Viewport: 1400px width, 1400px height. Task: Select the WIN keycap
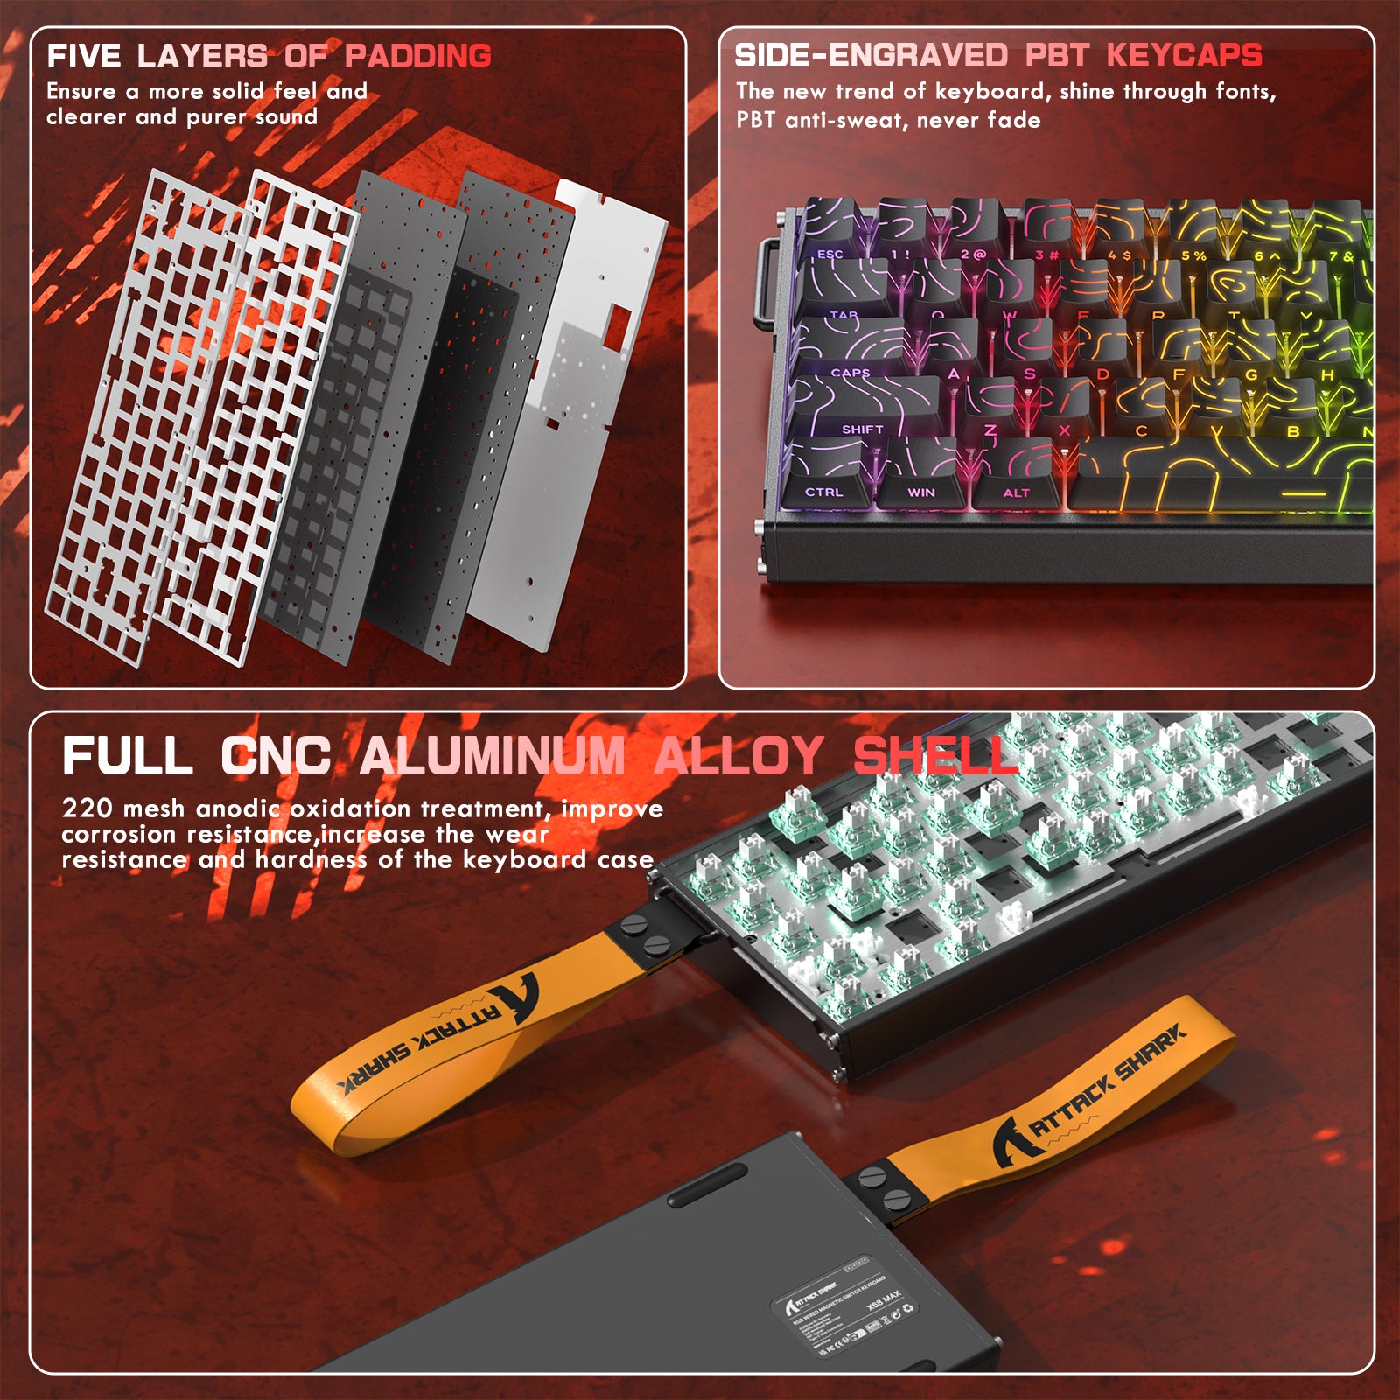point(920,479)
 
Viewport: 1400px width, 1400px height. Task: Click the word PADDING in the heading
point(417,56)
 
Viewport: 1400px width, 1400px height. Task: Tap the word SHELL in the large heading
point(934,756)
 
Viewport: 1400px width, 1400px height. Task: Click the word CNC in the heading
point(276,756)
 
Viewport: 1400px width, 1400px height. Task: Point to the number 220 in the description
point(87,808)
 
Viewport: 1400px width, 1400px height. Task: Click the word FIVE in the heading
point(84,56)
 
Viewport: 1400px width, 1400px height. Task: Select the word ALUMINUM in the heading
point(493,756)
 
